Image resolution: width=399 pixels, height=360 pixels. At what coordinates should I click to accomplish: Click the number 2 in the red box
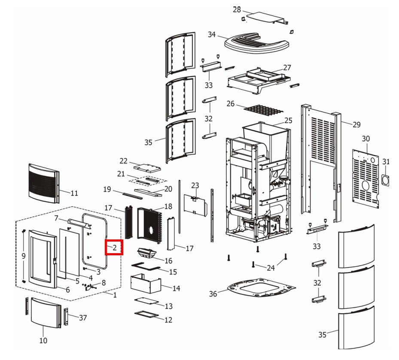point(115,248)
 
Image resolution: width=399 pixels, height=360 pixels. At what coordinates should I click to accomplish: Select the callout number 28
point(237,9)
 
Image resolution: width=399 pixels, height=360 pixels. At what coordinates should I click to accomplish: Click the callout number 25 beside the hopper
point(288,121)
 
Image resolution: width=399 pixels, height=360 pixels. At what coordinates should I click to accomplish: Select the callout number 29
point(356,125)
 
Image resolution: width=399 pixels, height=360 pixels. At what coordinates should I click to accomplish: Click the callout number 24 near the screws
point(270,268)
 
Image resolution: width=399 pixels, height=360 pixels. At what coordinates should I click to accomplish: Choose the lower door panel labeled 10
point(46,313)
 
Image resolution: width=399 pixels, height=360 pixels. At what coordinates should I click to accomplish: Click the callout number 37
point(83,318)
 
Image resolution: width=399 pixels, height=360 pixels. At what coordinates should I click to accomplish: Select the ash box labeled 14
point(145,284)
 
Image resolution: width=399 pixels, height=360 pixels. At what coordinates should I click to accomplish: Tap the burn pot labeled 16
point(148,253)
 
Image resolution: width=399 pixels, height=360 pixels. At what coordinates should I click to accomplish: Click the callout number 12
point(168,320)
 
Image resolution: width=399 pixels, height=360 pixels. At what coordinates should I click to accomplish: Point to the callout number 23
point(195,185)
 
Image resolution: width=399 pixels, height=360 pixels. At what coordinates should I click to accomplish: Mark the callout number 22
point(124,161)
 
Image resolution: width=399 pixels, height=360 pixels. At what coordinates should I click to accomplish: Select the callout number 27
point(287,67)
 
